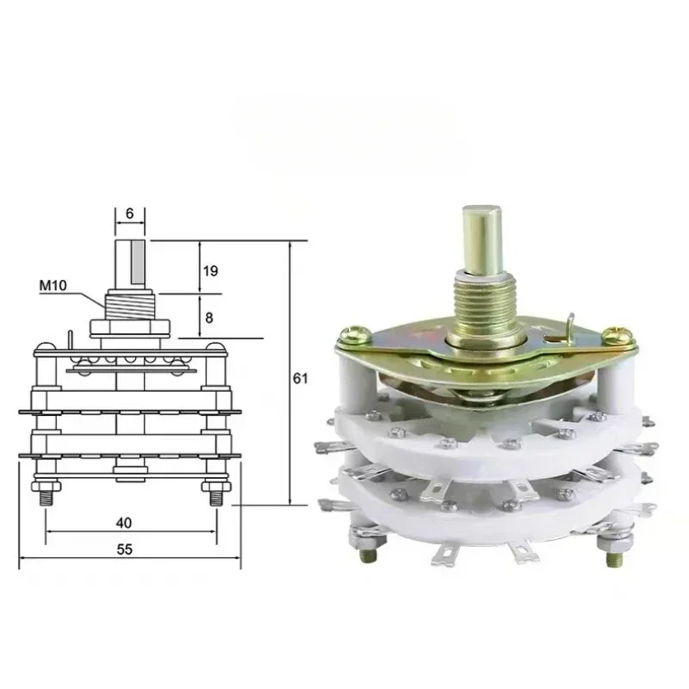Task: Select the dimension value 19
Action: [x=210, y=270]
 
